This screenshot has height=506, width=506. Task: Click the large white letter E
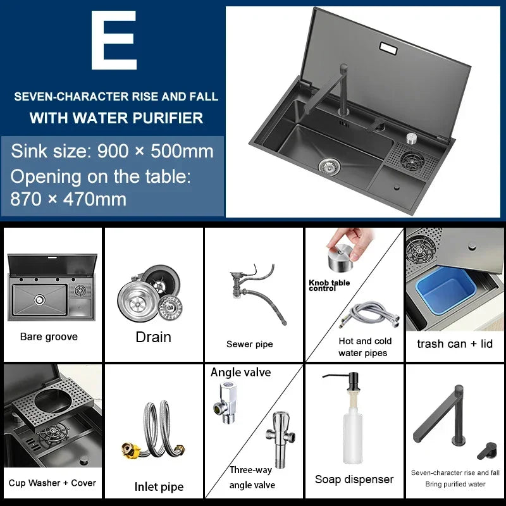[x=114, y=40]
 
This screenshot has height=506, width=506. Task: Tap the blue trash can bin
[x=445, y=290]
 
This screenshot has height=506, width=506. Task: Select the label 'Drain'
[x=153, y=337]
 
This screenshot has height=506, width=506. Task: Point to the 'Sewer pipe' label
[x=249, y=344]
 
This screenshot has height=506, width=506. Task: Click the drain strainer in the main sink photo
[x=329, y=165]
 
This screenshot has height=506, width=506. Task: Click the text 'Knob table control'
[x=329, y=285]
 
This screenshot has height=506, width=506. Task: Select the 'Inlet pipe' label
[x=159, y=486]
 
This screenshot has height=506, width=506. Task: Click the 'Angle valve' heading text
[x=241, y=373]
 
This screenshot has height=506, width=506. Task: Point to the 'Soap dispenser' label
[x=354, y=479]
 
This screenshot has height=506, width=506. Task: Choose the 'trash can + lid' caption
[x=455, y=343]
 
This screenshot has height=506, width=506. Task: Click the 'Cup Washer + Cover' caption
[x=52, y=483]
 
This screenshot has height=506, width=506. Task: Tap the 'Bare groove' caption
[x=49, y=337]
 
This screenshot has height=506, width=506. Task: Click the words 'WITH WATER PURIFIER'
[x=116, y=118]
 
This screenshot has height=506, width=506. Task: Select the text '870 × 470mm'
[x=68, y=199]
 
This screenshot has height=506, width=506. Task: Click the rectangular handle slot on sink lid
[x=388, y=48]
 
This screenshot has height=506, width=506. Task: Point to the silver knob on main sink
[x=412, y=138]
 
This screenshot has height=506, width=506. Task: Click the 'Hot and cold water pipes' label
[x=364, y=347]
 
